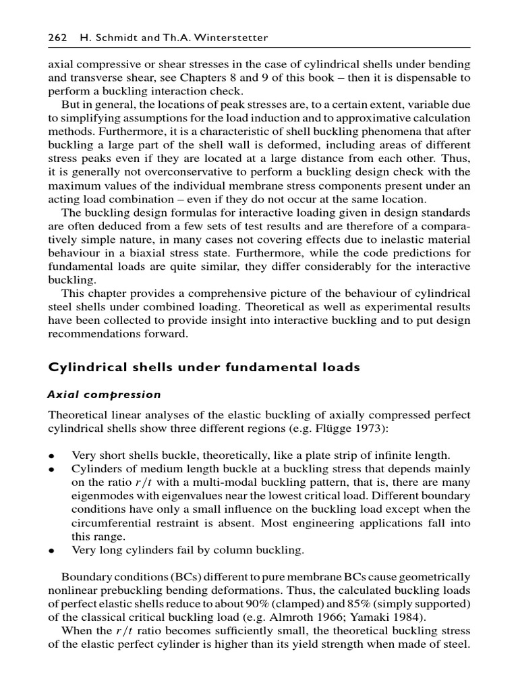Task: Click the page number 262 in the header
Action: (x=56, y=38)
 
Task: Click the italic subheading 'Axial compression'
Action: (x=104, y=394)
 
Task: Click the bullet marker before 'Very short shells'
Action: (x=51, y=455)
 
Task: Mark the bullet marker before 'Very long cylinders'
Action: (x=51, y=551)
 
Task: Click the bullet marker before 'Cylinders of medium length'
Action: (x=51, y=469)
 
